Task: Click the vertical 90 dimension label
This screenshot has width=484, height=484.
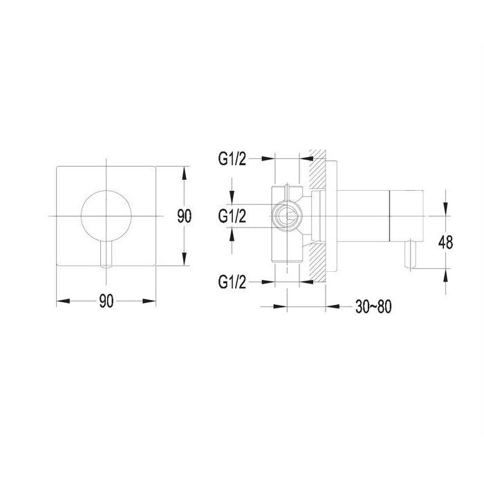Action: point(185,216)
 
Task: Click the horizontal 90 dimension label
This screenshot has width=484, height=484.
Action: point(106,301)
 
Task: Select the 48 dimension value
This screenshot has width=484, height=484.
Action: point(445,242)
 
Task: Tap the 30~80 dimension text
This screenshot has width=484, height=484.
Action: point(373,307)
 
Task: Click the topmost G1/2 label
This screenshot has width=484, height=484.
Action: point(232,159)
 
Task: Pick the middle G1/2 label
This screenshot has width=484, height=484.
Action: point(232,216)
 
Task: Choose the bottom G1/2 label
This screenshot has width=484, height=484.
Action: point(232,282)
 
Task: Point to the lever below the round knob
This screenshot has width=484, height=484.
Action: point(106,254)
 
